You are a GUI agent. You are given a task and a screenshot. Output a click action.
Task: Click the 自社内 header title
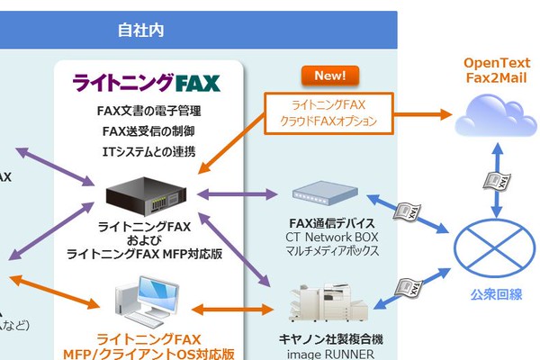coord(140,30)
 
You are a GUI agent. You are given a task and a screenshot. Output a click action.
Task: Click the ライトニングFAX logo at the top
coord(146,84)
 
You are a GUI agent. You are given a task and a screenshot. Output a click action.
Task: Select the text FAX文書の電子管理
coord(148,112)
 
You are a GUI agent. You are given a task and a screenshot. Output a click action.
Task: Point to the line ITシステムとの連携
coord(148,150)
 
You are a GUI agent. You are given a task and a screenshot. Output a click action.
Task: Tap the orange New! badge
coord(329,76)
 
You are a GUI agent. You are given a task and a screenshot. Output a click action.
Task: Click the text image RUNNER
coord(327,354)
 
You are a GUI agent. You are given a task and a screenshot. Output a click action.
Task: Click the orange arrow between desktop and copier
coord(232,310)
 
